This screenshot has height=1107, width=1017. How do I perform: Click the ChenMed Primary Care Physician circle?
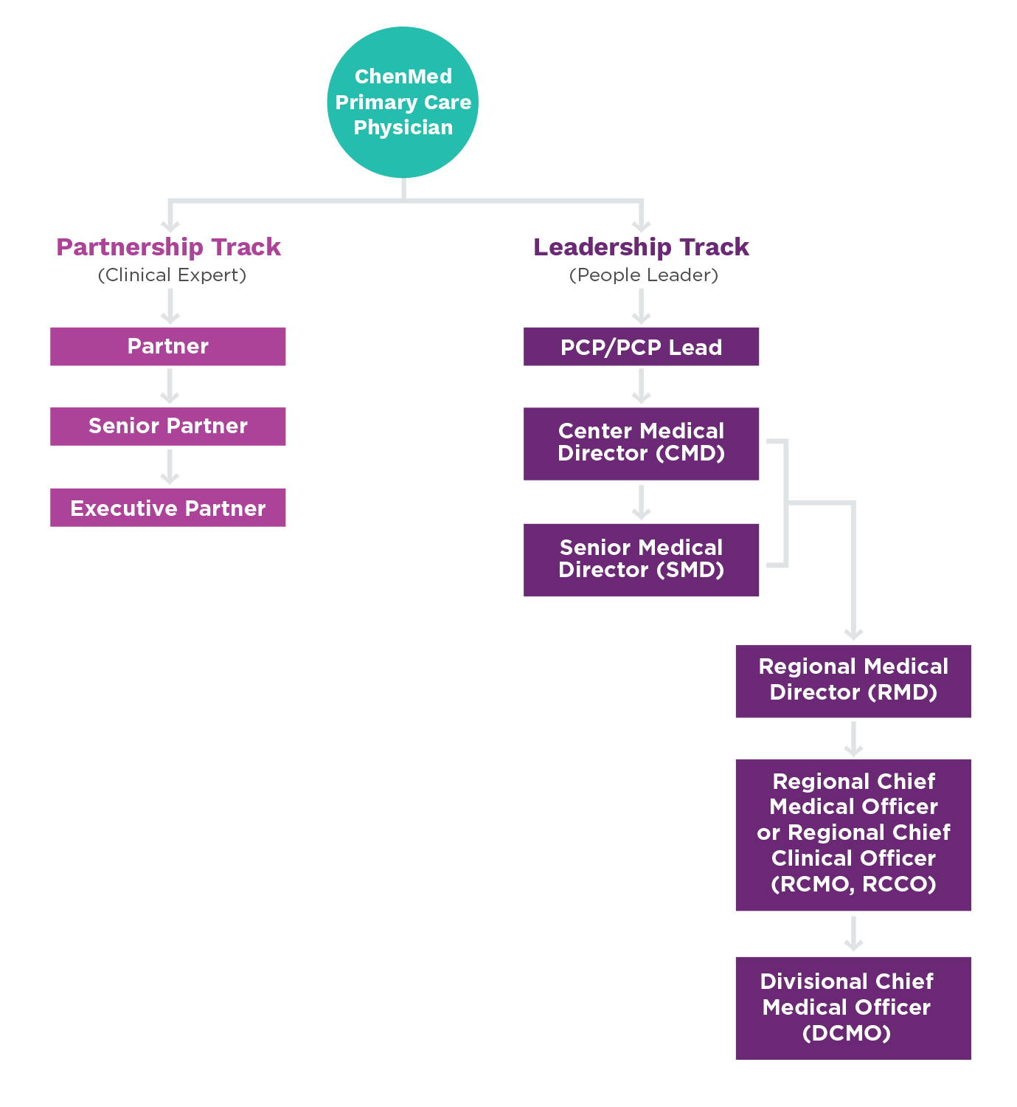click(403, 103)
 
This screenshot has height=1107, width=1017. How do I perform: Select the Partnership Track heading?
click(169, 246)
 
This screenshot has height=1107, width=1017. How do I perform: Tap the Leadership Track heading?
click(641, 246)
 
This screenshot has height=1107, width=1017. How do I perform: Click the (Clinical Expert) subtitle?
click(172, 275)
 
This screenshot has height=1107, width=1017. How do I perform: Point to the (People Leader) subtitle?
click(643, 275)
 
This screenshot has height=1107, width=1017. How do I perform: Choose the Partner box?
click(168, 346)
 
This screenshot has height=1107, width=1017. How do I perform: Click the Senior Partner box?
click(168, 427)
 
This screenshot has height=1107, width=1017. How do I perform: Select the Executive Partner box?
click(168, 508)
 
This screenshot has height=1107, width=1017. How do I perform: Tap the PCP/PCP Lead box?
click(641, 347)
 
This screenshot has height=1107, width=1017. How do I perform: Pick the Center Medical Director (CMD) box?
click(641, 443)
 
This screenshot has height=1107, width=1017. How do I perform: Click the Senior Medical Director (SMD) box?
click(641, 559)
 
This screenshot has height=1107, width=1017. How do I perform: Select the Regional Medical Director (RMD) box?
click(853, 680)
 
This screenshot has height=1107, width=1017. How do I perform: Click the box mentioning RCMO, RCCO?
click(853, 834)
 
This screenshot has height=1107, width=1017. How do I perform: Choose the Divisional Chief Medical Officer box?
click(853, 1007)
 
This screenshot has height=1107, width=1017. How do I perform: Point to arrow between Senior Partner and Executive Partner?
click(170, 467)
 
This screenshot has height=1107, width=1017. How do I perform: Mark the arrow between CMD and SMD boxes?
click(641, 503)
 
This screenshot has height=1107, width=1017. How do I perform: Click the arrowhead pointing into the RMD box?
click(853, 632)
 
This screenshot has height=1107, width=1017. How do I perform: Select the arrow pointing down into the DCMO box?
click(853, 934)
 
